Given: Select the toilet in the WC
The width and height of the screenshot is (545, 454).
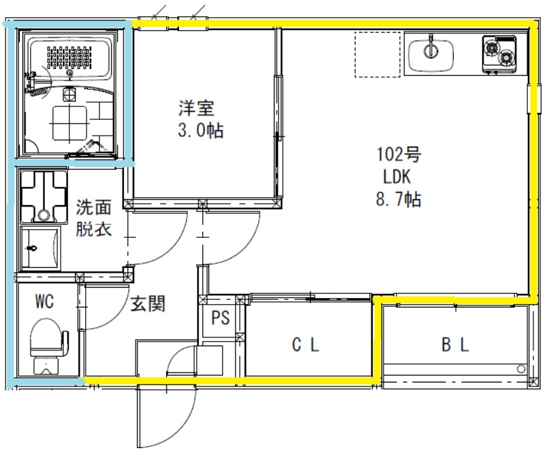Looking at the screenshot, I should point(50,345).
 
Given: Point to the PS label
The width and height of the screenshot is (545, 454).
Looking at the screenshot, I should point(220,318).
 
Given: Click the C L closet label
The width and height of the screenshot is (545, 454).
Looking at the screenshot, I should point(305,346).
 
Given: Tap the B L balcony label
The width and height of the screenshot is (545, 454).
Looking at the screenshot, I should point(454,346).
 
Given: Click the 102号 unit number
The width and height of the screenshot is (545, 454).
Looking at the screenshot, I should point(399,154).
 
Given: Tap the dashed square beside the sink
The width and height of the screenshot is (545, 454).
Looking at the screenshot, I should point(376,55).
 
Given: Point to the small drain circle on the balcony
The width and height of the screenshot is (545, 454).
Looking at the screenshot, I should point(521,369).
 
